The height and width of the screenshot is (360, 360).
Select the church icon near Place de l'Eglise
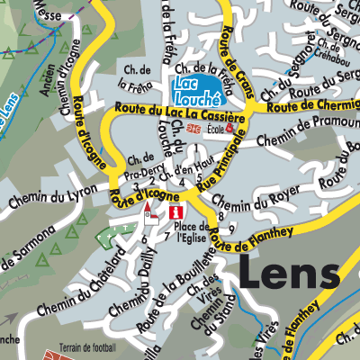[x=149, y=213]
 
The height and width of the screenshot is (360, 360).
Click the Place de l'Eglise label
[x=191, y=231]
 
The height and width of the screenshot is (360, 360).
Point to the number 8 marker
[x=220, y=211]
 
